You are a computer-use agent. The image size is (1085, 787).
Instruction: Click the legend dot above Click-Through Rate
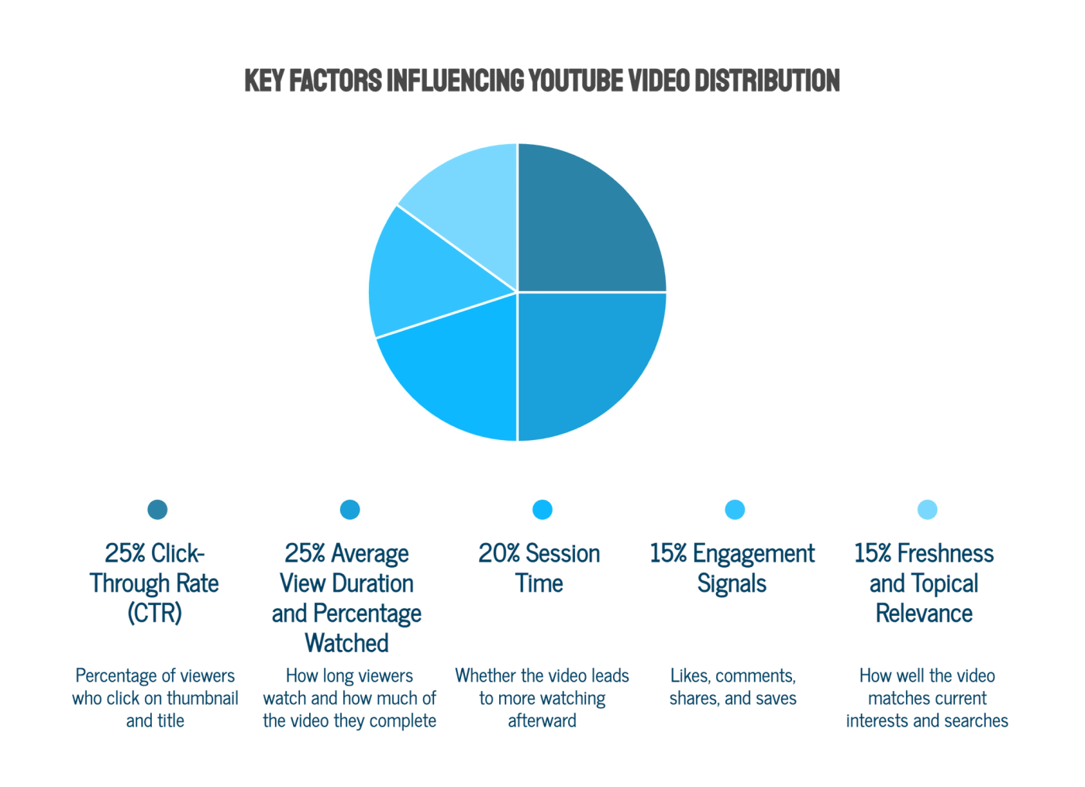click(x=157, y=510)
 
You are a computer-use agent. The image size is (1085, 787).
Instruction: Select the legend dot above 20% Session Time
click(x=542, y=510)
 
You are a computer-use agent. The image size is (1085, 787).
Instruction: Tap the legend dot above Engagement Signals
click(x=735, y=510)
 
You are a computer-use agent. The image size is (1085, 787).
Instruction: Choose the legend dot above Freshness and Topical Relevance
click(x=928, y=510)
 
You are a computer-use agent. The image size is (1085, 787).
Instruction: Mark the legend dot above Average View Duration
click(x=350, y=510)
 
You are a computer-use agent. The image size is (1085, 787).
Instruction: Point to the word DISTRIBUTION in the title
click(x=767, y=81)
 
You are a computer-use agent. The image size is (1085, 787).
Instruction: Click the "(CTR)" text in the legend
click(x=154, y=613)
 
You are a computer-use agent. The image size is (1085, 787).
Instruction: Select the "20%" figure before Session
click(x=499, y=553)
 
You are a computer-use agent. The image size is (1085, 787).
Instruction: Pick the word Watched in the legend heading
click(x=347, y=643)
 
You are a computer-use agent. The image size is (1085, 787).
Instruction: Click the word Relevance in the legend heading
click(x=924, y=613)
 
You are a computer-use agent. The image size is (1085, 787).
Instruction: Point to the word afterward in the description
click(x=542, y=720)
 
